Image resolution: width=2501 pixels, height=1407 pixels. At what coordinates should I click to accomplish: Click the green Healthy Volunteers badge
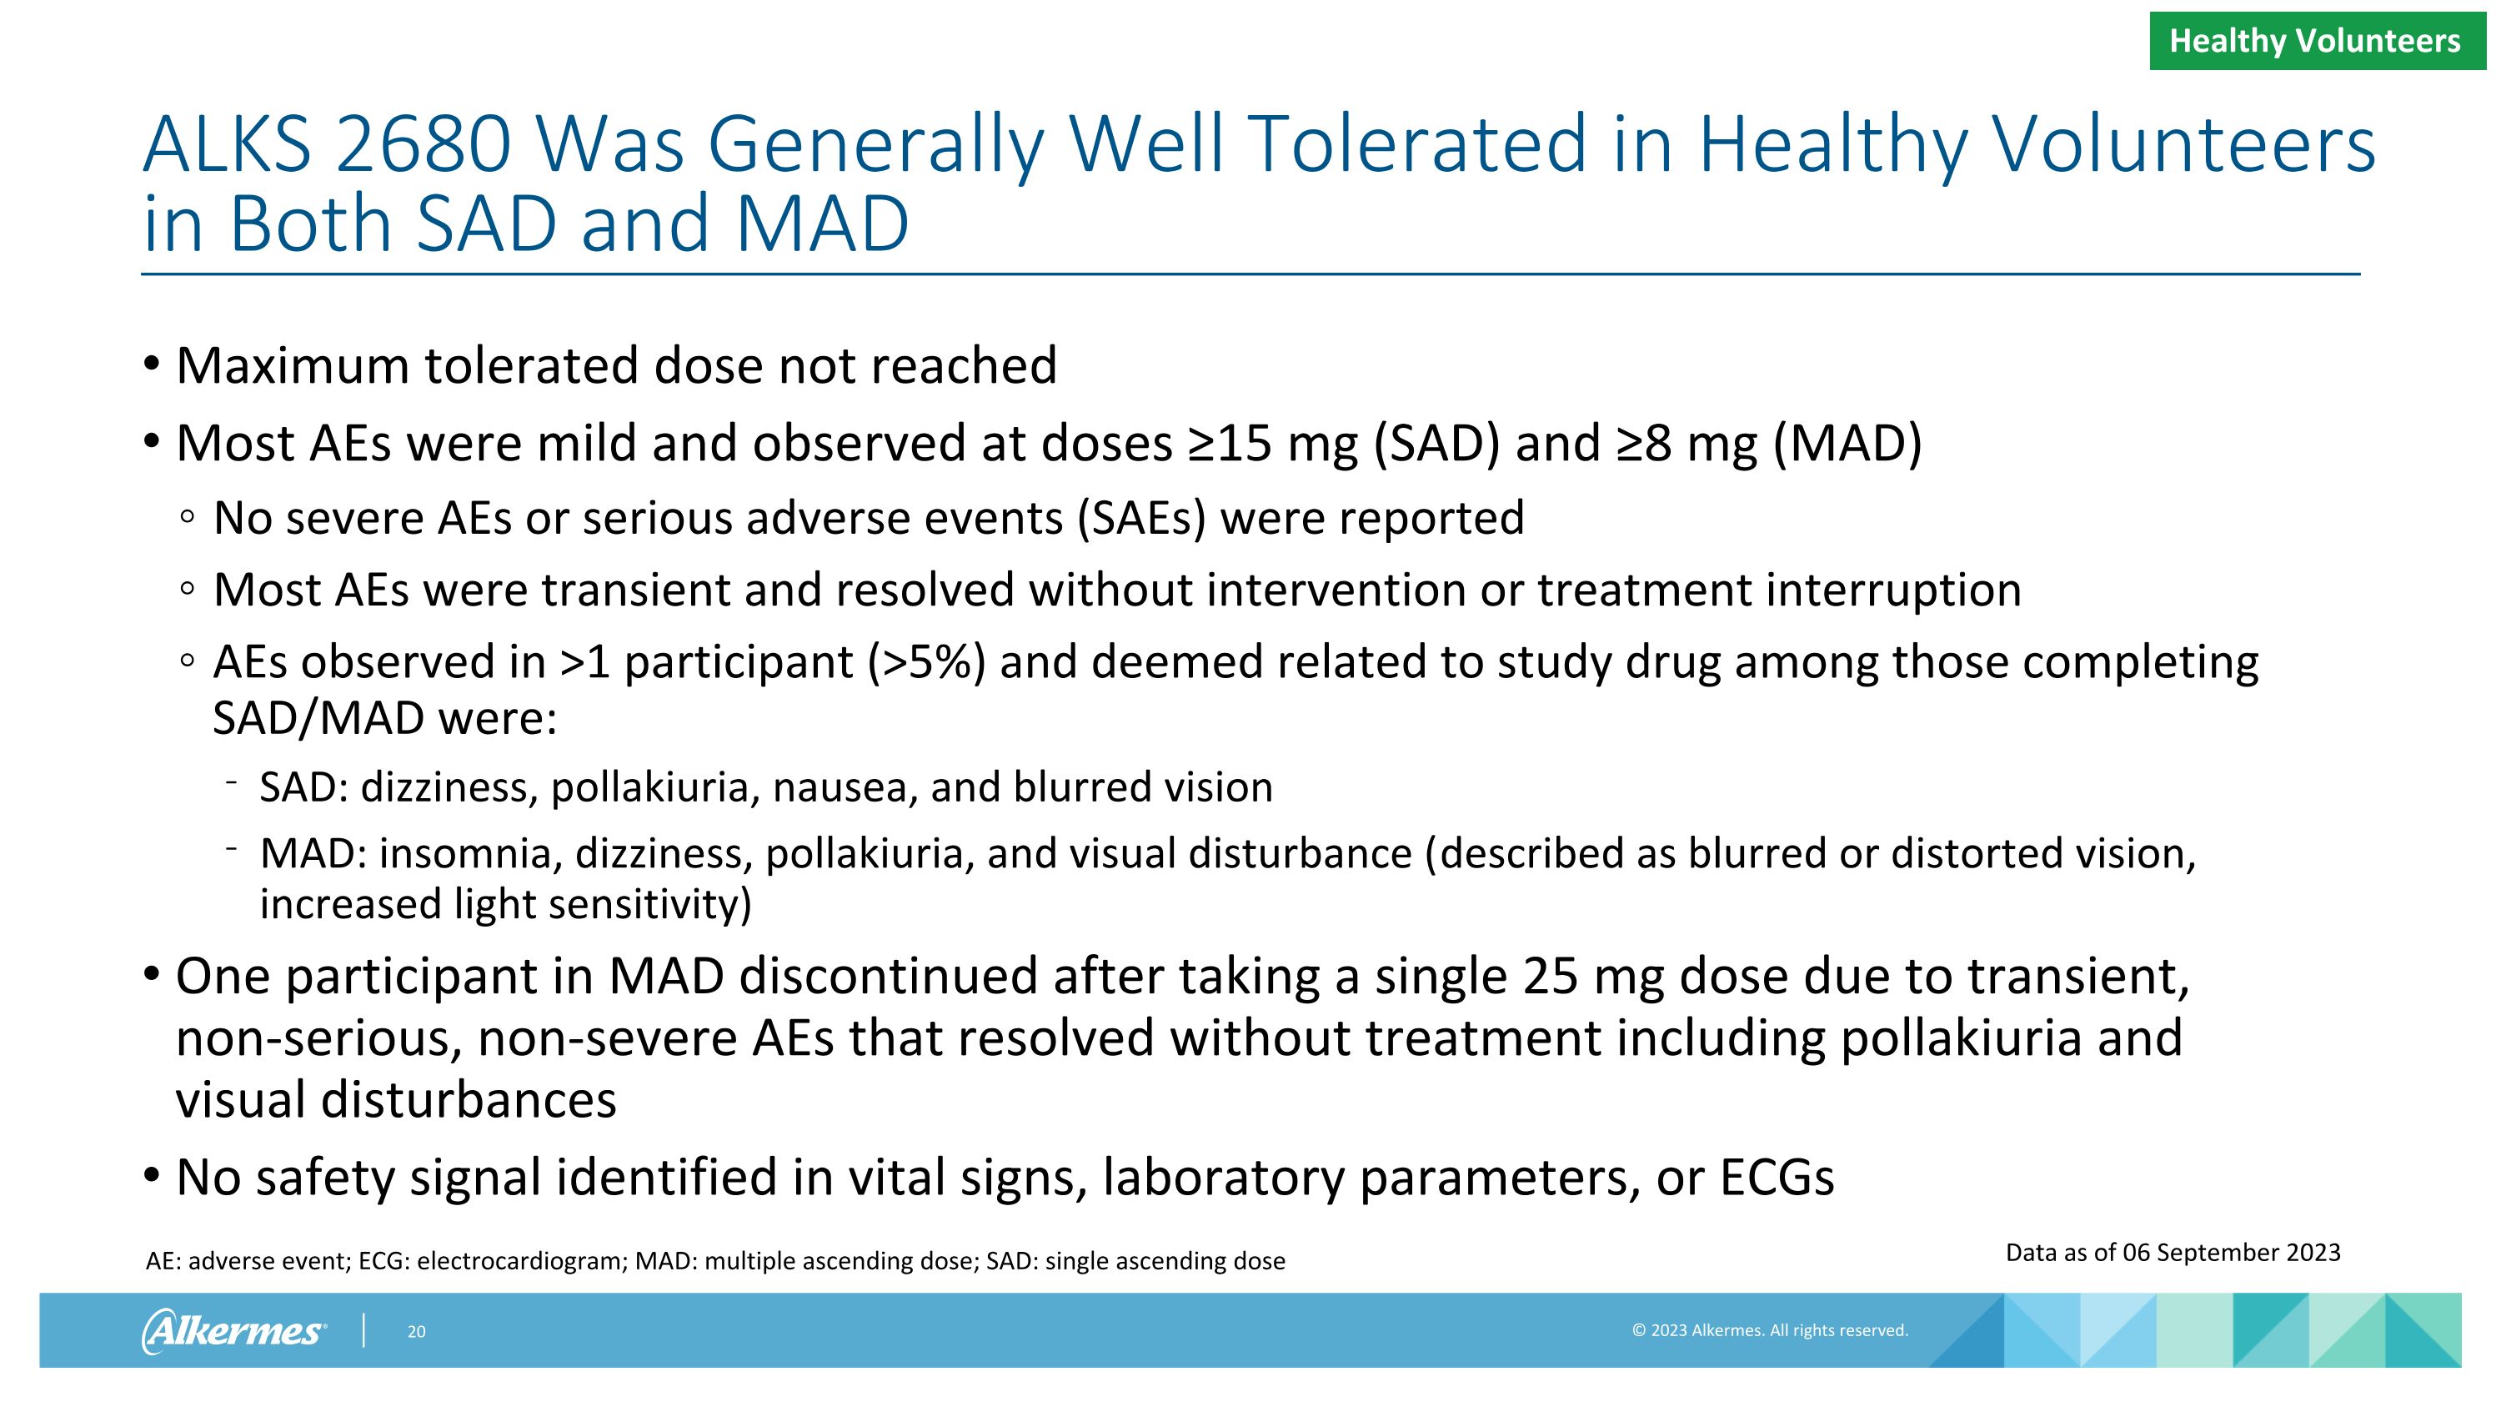[2316, 41]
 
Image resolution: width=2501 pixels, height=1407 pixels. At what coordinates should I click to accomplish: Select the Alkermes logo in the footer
[234, 1330]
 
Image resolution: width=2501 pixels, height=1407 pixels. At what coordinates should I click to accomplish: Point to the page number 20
[417, 1332]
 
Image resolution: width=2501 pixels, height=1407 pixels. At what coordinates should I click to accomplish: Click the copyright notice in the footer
[1770, 1330]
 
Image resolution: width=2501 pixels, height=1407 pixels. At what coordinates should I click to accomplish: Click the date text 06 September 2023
[2231, 1253]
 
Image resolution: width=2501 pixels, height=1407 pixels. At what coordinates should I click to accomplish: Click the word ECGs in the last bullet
[1777, 1177]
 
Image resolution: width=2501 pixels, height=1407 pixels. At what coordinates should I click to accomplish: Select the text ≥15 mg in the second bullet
[1272, 444]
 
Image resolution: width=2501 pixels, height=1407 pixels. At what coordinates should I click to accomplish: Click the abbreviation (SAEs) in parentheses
[1140, 518]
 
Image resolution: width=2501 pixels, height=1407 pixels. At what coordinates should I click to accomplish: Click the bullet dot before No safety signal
[151, 1175]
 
